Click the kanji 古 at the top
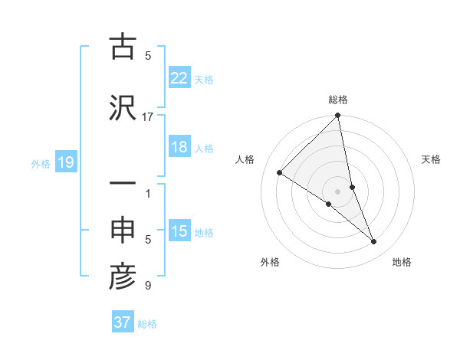(123, 47)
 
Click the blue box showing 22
(179, 77)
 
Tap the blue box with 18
(179, 147)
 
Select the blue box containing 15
(179, 231)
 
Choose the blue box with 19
(65, 162)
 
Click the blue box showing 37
(123, 322)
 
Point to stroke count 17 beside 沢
(148, 116)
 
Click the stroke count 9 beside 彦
(148, 286)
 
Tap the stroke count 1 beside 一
(148, 194)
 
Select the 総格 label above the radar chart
(338, 100)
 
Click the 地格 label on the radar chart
(402, 263)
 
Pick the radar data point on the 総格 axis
(338, 116)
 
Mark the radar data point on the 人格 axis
(280, 172)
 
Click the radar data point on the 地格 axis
(374, 241)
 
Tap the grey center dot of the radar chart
(338, 191)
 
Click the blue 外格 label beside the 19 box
(41, 163)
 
